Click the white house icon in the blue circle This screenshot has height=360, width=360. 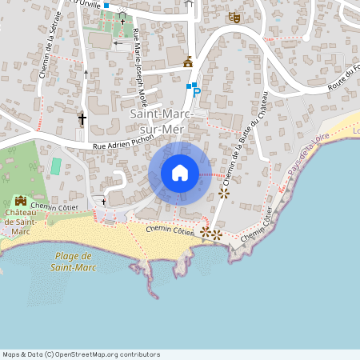[x=180, y=173]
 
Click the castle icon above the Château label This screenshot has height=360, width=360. [x=21, y=200]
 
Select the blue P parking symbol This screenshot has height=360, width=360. [x=196, y=94]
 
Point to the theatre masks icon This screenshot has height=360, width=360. [x=234, y=17]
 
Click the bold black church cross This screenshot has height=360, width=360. [x=82, y=119]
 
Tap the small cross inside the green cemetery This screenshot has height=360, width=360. [x=122, y=21]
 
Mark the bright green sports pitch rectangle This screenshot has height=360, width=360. [x=56, y=166]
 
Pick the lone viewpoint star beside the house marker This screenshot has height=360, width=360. [x=223, y=193]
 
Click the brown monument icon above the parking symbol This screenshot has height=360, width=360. [x=189, y=61]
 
